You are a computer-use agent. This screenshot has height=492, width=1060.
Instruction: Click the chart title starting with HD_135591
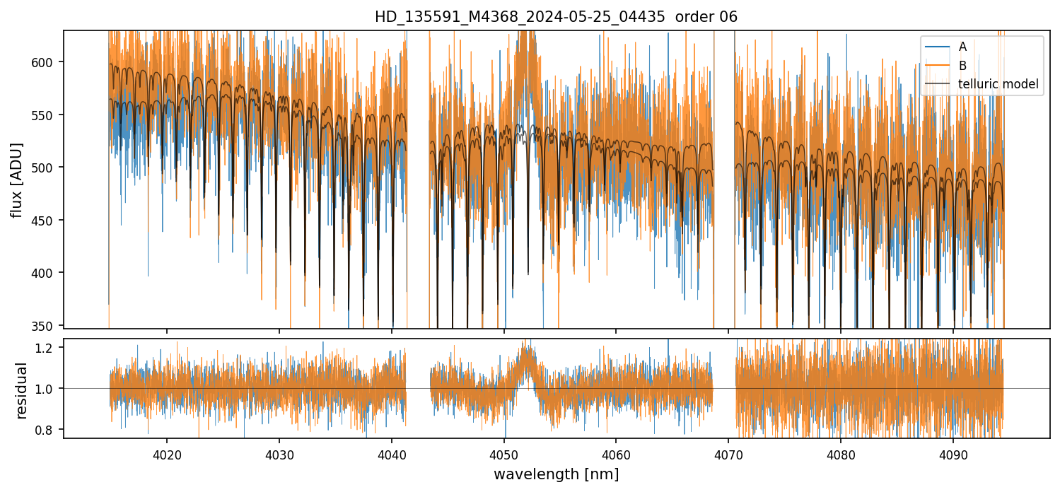556,17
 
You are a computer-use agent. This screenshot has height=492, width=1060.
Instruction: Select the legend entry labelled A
962,47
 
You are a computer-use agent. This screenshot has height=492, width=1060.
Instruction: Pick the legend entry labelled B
962,66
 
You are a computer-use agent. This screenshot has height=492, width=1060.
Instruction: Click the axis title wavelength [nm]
556,474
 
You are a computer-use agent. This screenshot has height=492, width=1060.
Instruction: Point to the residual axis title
21,389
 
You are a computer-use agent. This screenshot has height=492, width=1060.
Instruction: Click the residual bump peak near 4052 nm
525,346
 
